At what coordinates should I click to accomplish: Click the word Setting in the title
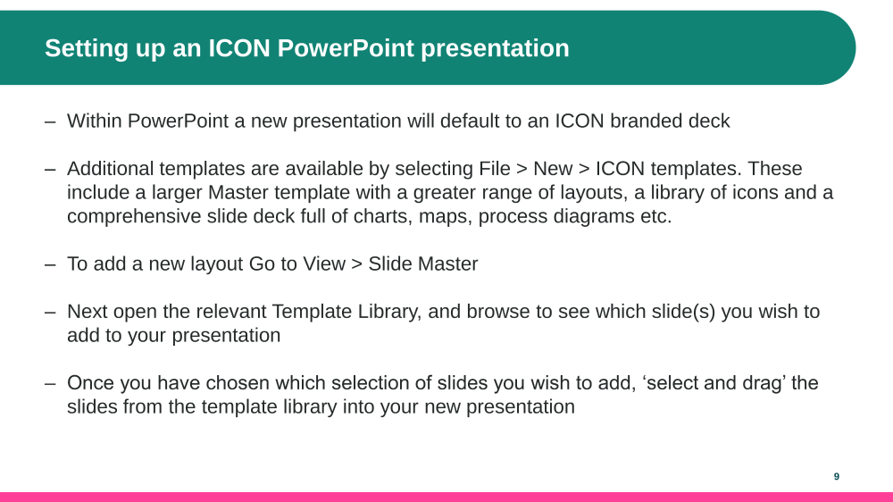(x=86, y=49)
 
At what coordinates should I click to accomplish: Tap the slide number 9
(x=837, y=476)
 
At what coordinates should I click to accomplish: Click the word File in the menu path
(x=495, y=169)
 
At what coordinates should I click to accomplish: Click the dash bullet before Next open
(x=50, y=313)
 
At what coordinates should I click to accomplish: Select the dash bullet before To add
(x=50, y=264)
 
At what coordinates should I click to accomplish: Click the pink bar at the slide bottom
(x=446, y=497)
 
